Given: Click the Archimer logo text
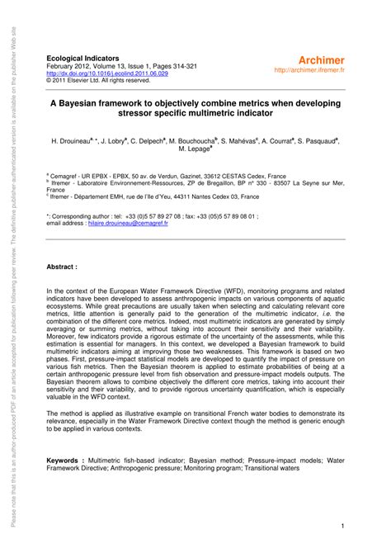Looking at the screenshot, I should point(318,60).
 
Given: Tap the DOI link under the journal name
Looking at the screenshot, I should point(107,73).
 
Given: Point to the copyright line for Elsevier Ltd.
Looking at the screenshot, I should point(98,80).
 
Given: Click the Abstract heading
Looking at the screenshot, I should point(62,267).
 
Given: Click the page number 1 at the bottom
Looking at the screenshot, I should point(342,527).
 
